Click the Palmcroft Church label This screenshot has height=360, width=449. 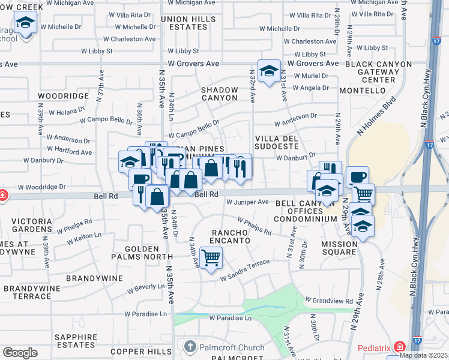point(231,347)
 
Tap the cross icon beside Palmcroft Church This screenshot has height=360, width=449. point(190,347)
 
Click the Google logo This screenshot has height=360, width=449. point(20,353)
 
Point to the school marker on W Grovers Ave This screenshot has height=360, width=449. point(269,70)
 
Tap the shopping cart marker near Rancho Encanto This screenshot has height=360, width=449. point(211,258)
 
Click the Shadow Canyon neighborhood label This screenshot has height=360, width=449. point(219,94)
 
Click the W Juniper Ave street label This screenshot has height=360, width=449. point(247,202)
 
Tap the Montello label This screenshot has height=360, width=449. point(361,91)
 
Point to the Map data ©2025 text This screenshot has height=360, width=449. point(424,355)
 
